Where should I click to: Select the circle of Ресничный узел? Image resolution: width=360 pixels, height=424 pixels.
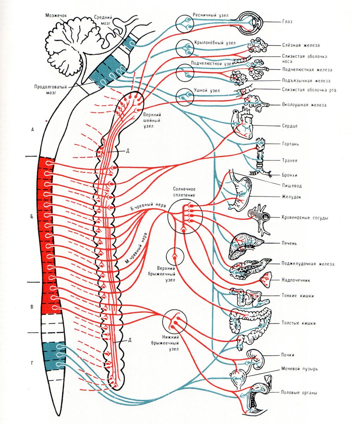[x=185, y=24]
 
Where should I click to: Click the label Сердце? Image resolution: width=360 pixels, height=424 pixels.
[x=290, y=125]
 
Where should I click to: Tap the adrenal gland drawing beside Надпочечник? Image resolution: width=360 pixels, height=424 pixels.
[x=267, y=280]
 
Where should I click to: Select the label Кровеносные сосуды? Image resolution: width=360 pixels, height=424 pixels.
[x=305, y=218]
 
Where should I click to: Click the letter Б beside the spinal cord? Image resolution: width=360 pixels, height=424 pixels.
[x=32, y=217]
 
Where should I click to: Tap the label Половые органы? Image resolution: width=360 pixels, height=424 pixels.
[x=299, y=392]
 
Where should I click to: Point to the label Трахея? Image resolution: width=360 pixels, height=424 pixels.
[x=289, y=160]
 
